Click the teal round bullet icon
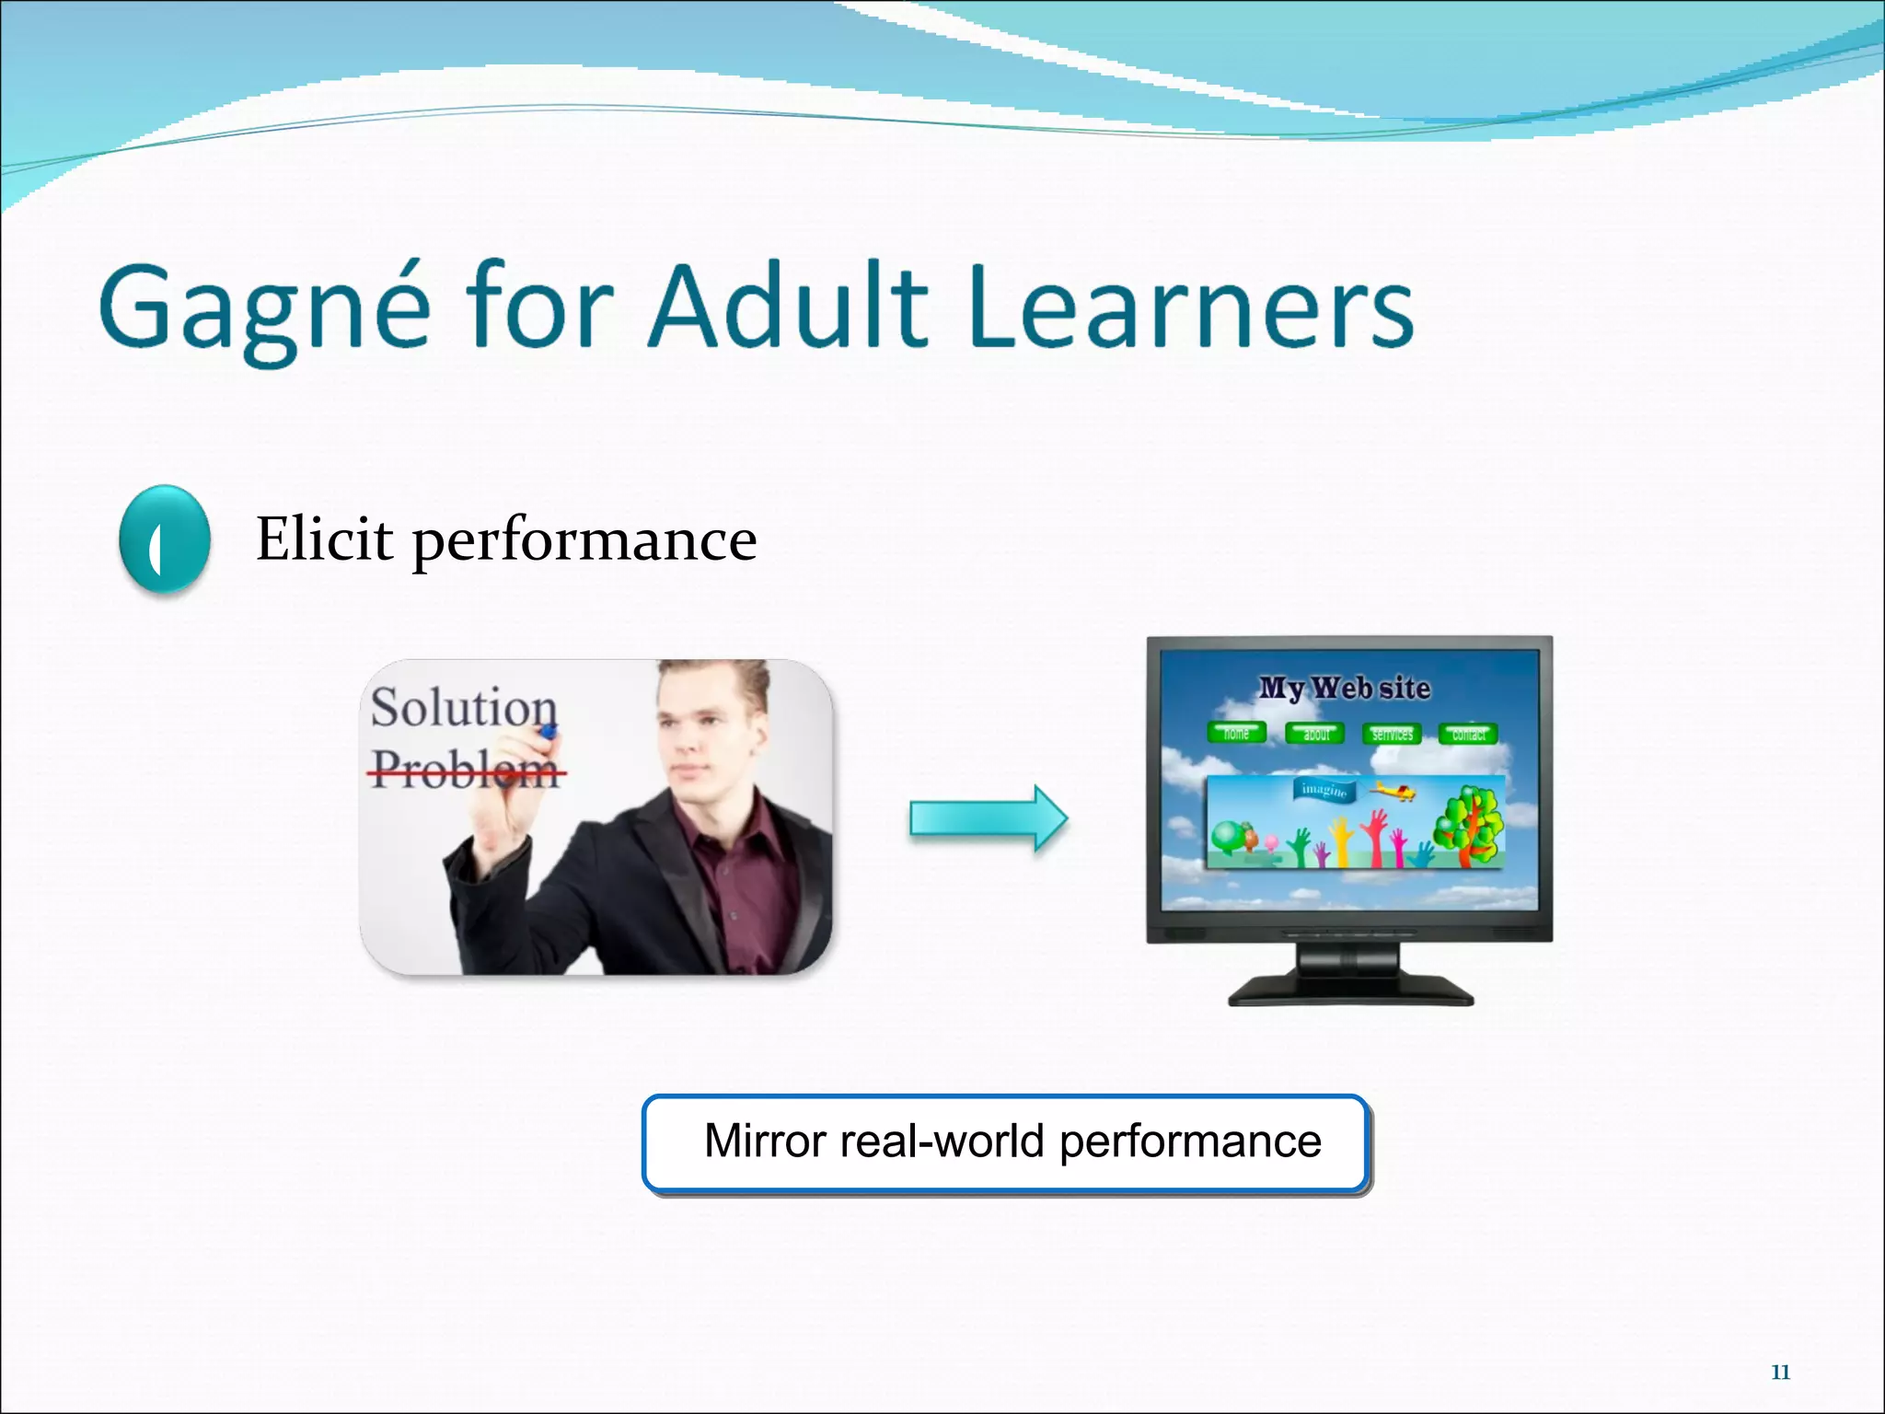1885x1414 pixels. click(x=165, y=539)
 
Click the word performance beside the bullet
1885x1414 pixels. click(x=584, y=542)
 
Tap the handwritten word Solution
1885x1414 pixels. click(x=463, y=708)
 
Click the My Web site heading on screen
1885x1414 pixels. click(x=1345, y=688)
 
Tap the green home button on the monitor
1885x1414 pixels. click(x=1236, y=734)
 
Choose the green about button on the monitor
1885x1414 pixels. click(x=1315, y=734)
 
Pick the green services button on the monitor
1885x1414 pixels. click(x=1392, y=734)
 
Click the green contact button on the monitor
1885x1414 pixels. click(x=1468, y=734)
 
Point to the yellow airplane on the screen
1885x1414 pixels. click(x=1394, y=790)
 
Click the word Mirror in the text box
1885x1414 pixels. click(x=765, y=1142)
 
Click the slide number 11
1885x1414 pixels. click(x=1780, y=1373)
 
